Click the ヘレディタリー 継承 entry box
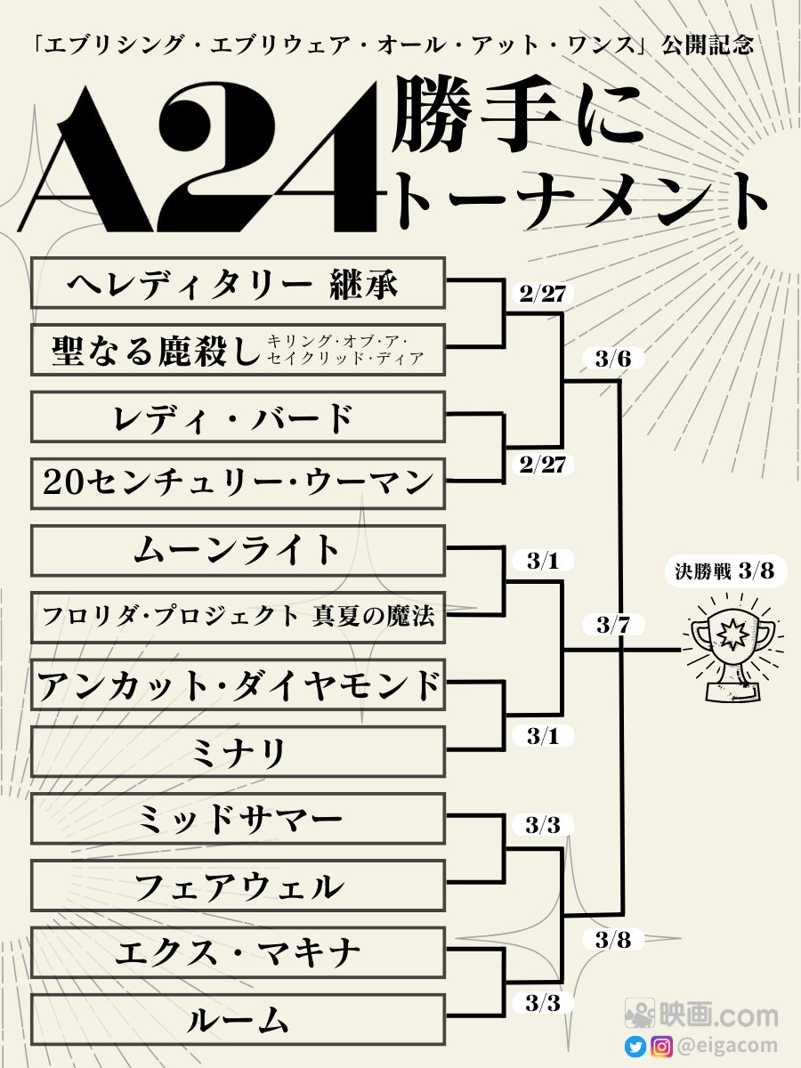tap(238, 283)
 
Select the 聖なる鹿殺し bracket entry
tap(238, 350)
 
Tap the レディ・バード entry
tap(238, 417)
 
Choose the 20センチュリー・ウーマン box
tap(238, 483)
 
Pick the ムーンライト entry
tap(238, 550)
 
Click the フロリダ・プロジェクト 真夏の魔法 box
tap(238, 617)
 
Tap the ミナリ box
tap(238, 752)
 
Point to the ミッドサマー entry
tap(238, 819)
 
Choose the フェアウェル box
tap(238, 886)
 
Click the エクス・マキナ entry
tap(238, 952)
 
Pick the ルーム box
tap(238, 1019)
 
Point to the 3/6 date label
tap(614, 360)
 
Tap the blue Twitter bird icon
tap(635, 1047)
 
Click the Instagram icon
tap(661, 1047)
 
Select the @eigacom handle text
tap(728, 1047)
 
